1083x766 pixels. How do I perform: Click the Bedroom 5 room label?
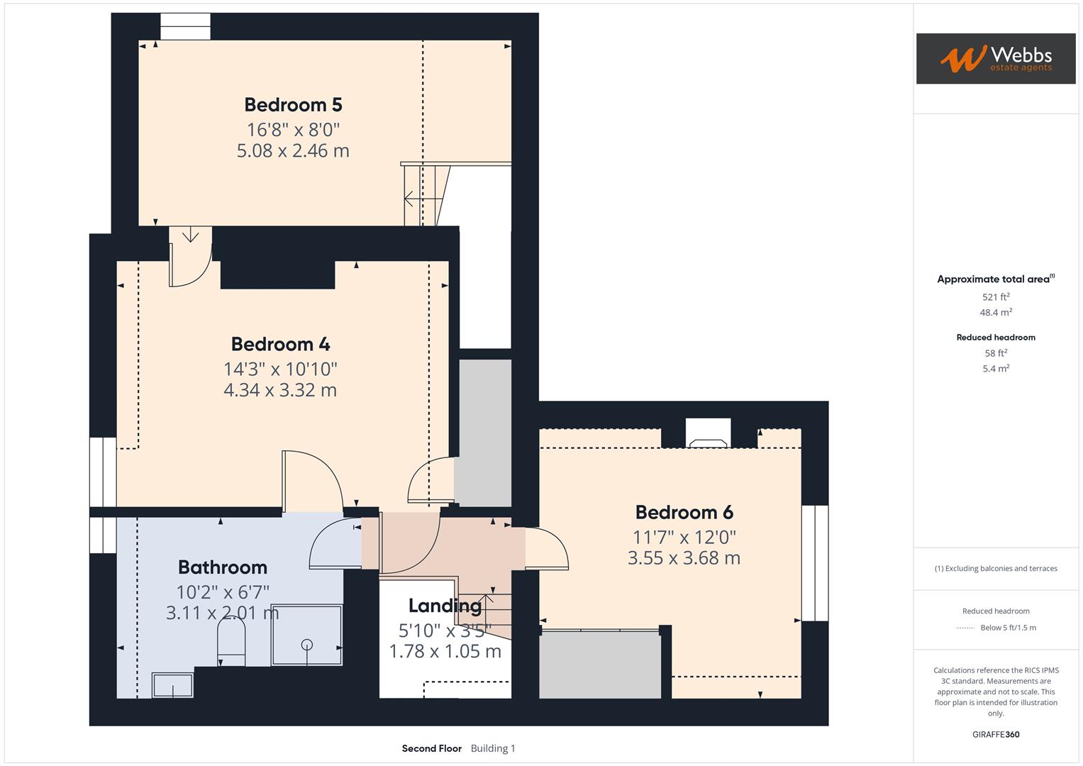pos(293,105)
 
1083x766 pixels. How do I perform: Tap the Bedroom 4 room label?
pos(280,344)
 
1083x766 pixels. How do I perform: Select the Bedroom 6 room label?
pos(684,512)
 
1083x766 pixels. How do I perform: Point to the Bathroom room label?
pos(222,567)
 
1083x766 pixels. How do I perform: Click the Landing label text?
pos(445,606)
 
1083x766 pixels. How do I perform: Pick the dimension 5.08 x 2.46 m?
pos(293,150)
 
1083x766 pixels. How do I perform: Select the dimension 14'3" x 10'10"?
pos(280,369)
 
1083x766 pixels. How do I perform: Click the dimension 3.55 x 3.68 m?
pos(684,557)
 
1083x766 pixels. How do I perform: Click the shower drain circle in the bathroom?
pos(306,645)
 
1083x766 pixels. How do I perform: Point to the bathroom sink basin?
pos(172,685)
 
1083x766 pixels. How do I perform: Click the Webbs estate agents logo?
pos(996,59)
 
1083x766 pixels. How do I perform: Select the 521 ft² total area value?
pos(996,297)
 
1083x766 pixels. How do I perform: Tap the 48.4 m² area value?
pos(996,312)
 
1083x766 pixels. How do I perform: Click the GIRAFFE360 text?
pos(996,734)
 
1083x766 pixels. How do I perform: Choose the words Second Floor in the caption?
pos(431,748)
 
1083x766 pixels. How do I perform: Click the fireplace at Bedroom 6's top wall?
pos(709,434)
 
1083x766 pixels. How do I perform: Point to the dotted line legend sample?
pos(965,628)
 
